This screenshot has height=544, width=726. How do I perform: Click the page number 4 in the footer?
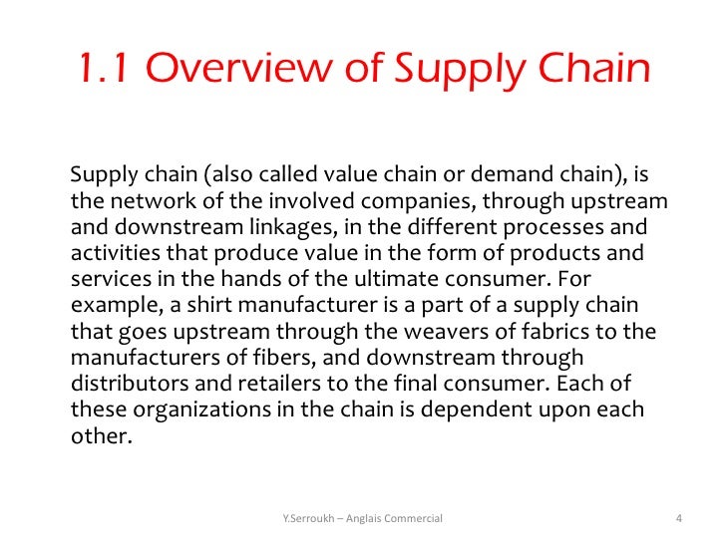coord(678,517)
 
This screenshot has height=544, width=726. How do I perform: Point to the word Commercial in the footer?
coord(412,517)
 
